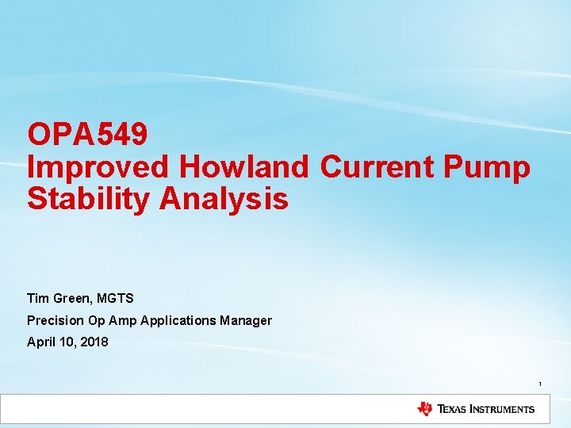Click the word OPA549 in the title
pos(87,134)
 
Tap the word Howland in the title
pos(244,166)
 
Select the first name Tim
pos(37,298)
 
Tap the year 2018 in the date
pos(94,342)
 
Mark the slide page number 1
pos(540,384)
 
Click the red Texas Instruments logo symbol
pos(425,409)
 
